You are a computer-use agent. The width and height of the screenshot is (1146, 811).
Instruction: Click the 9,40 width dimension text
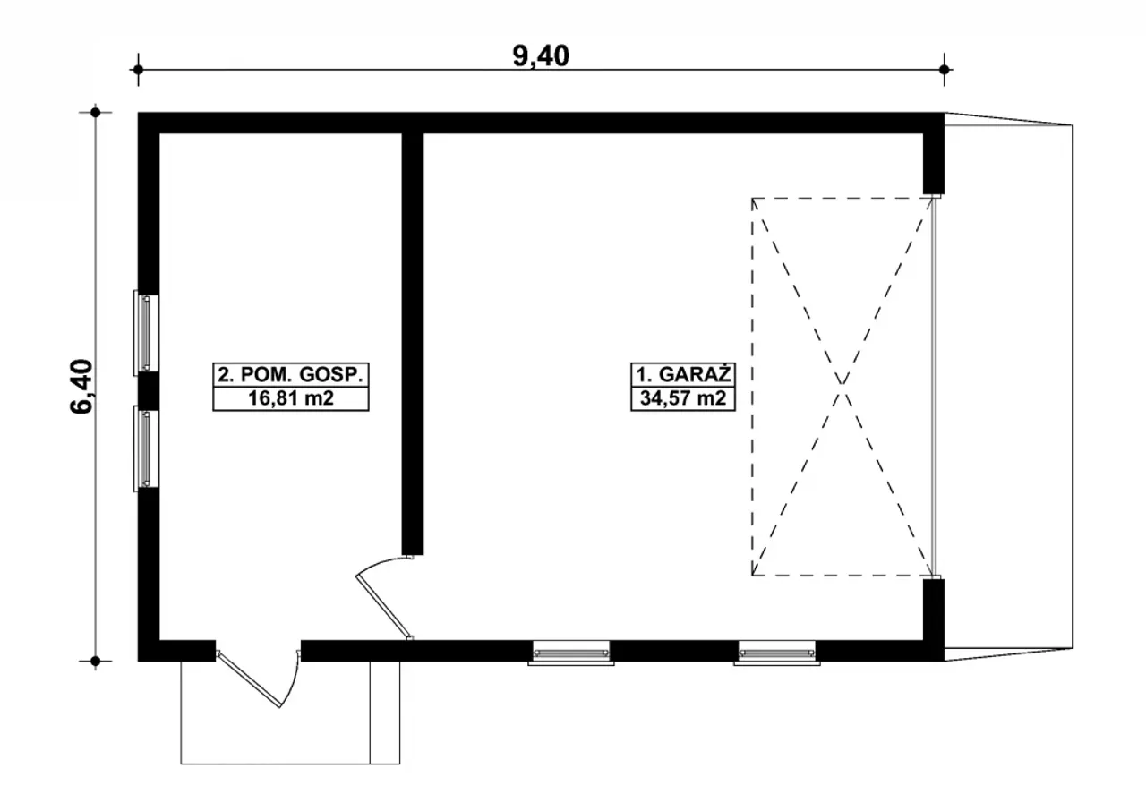(x=541, y=55)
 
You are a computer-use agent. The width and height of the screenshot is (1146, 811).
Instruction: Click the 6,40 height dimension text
(x=81, y=386)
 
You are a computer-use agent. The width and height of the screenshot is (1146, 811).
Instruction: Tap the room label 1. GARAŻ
(x=683, y=375)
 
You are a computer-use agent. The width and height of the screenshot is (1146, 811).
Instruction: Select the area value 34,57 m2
(x=683, y=397)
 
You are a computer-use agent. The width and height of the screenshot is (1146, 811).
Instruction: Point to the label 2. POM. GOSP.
(x=291, y=375)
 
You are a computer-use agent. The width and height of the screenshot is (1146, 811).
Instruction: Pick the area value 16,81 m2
(x=291, y=397)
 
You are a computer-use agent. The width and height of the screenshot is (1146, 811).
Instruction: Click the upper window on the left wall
(x=146, y=333)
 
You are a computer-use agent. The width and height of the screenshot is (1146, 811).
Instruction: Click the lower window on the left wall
(x=146, y=448)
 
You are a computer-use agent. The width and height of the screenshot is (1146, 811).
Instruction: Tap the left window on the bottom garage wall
(x=571, y=653)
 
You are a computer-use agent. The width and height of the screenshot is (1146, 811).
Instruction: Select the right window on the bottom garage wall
(x=776, y=653)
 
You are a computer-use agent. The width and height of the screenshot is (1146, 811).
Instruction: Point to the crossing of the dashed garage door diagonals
(x=842, y=386)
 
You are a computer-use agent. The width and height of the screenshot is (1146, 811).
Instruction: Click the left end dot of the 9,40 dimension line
(x=138, y=70)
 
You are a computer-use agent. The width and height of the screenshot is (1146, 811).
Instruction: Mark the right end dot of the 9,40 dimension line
(x=945, y=70)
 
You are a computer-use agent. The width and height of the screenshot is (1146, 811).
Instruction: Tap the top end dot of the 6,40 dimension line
(x=95, y=113)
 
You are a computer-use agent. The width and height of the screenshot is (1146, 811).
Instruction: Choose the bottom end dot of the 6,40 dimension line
(x=95, y=662)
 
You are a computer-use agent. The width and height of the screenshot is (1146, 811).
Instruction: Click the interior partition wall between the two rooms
(x=413, y=344)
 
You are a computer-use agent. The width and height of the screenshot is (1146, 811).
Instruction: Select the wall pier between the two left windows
(x=149, y=390)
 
